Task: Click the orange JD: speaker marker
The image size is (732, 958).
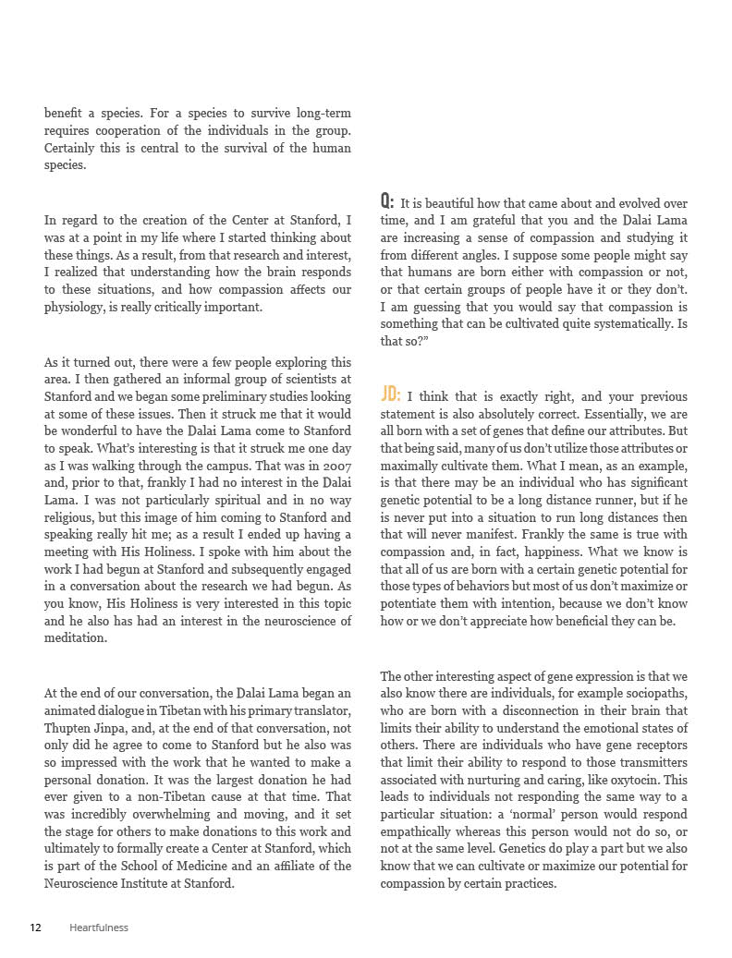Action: [390, 395]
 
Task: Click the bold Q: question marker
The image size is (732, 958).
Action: [387, 201]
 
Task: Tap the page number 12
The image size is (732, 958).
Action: [35, 928]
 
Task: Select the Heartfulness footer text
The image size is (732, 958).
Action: [99, 928]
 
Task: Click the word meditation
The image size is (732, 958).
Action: [76, 637]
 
